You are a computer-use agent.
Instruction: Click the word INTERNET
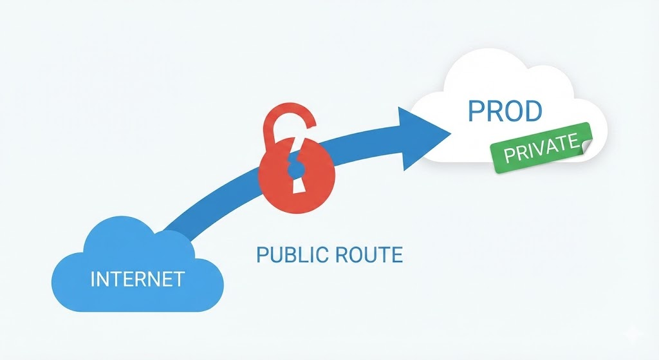point(137,279)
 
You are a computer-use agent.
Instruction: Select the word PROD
point(505,111)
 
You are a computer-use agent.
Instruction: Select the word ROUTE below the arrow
point(368,254)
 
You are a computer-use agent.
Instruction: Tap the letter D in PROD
point(533,111)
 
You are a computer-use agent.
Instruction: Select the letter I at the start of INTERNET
point(93,279)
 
